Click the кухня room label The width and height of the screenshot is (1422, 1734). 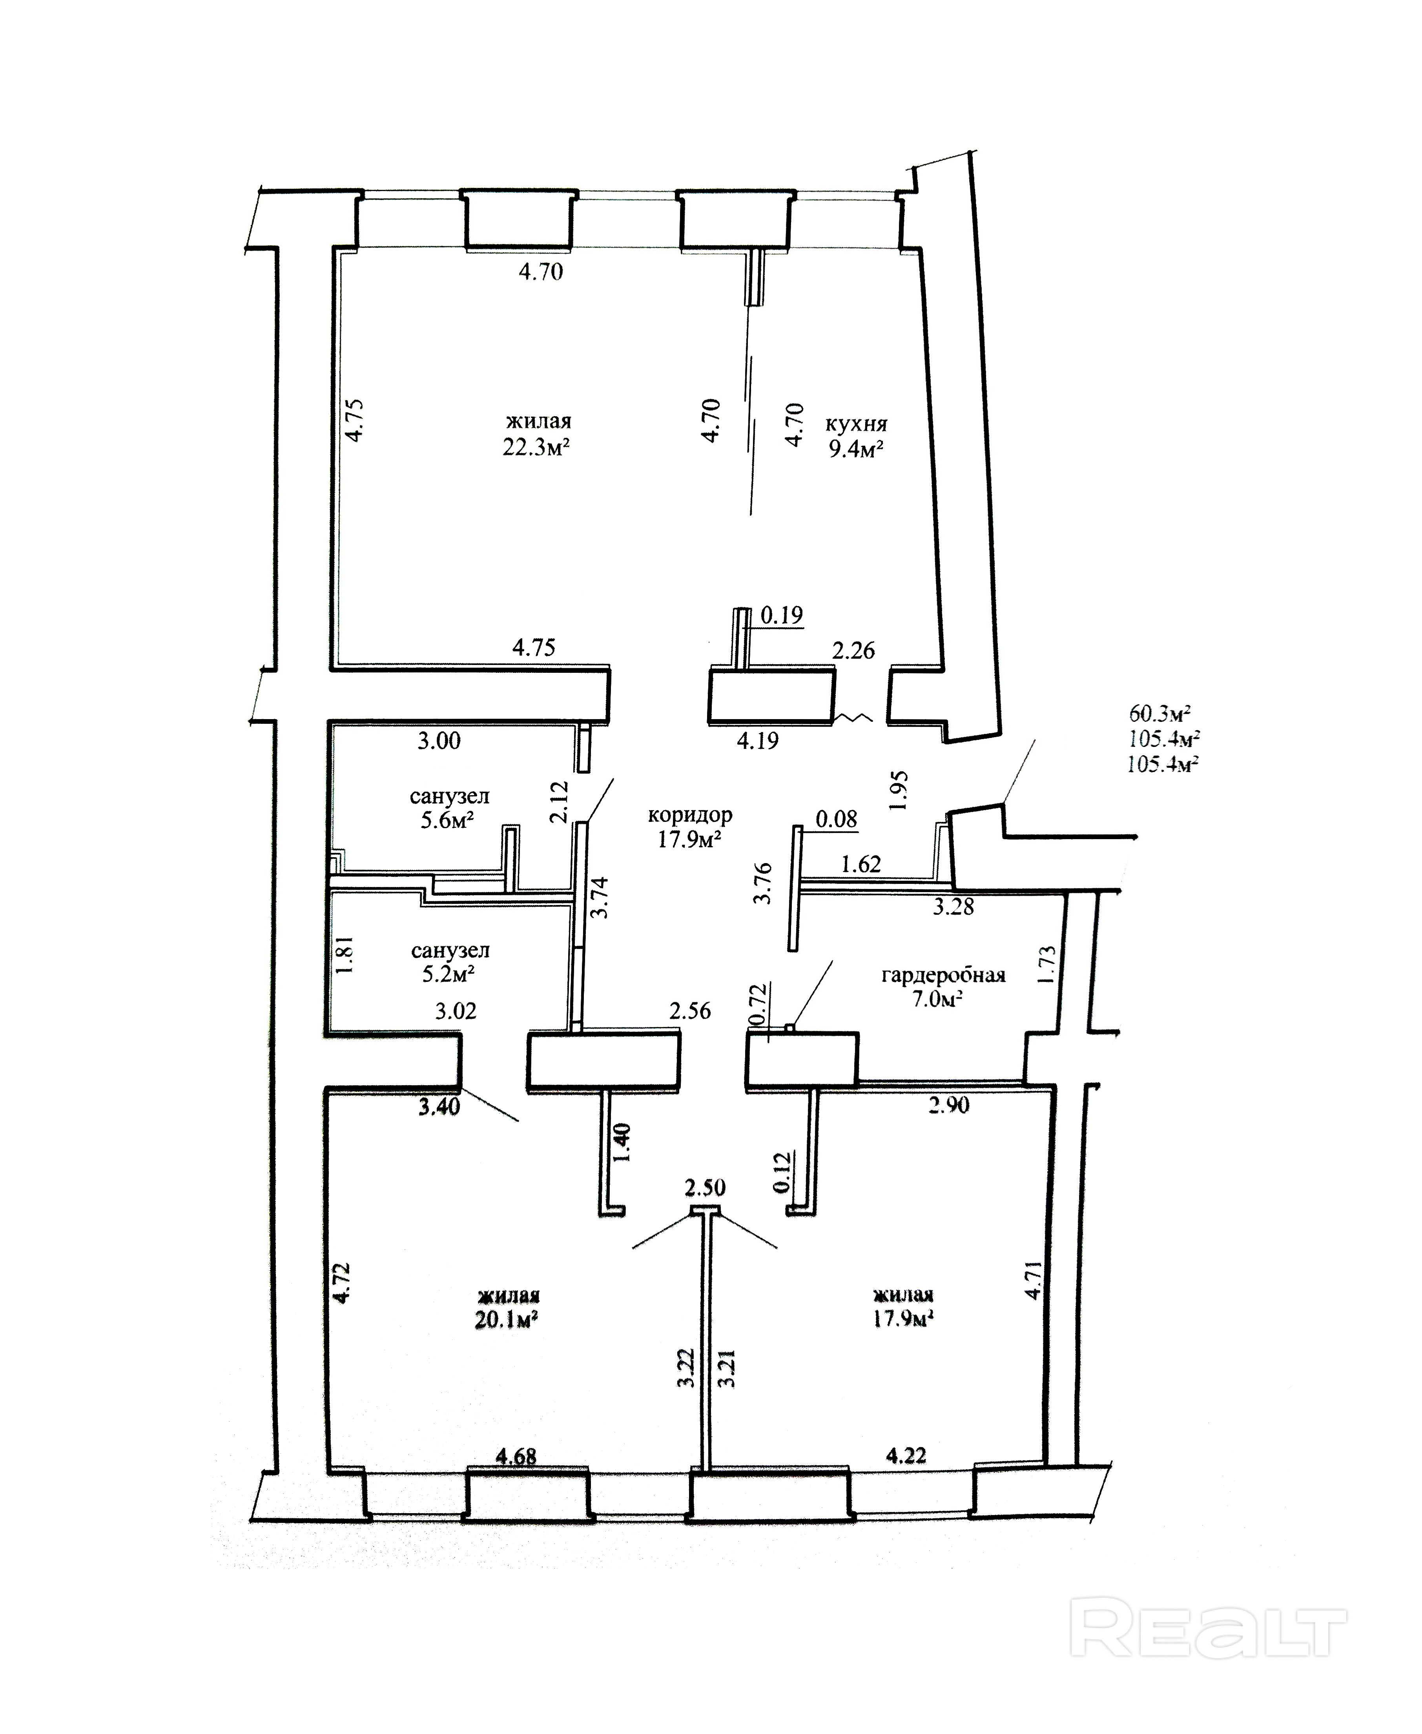point(856,424)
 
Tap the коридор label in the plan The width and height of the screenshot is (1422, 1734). point(690,815)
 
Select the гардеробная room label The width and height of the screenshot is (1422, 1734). point(943,976)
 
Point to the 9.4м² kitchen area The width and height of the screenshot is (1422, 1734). point(855,449)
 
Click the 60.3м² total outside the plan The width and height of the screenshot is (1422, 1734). point(1159,712)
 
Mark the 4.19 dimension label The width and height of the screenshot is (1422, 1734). point(758,741)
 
